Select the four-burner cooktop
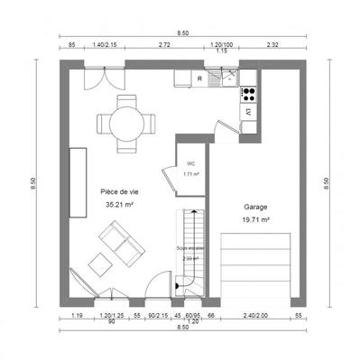point(246,92)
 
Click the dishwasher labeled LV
point(246,112)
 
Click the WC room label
point(190,163)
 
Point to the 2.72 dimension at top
point(165,43)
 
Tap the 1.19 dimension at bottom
point(77,316)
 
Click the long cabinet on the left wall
point(78,181)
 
